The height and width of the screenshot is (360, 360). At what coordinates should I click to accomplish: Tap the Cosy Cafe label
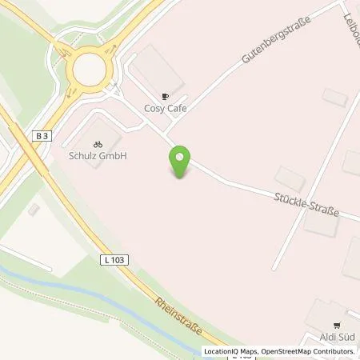(x=166, y=109)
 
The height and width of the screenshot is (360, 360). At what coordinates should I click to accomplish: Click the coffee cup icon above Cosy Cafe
(x=166, y=96)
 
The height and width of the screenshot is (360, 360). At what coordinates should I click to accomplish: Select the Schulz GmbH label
(x=97, y=156)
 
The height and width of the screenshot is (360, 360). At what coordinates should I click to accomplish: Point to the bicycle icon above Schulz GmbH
(x=97, y=144)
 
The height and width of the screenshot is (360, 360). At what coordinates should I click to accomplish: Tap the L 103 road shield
(x=113, y=260)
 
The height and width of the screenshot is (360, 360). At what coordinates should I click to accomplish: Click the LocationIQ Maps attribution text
(x=230, y=351)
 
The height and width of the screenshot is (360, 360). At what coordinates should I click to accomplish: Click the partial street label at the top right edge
(x=351, y=24)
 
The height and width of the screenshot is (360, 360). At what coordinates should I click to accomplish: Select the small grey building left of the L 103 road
(x=33, y=210)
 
